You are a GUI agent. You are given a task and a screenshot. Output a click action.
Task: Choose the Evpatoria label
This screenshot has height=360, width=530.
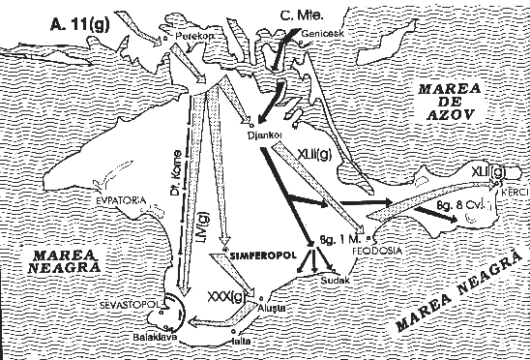120,199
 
